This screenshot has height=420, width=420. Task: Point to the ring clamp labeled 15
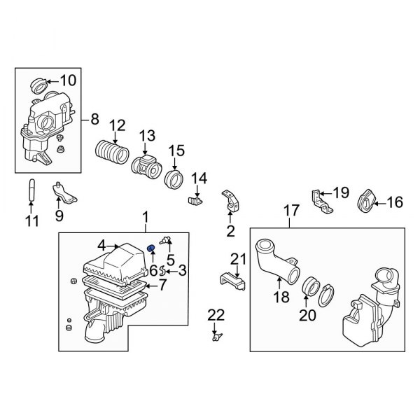point(173,179)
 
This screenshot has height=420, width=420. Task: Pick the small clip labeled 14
point(195,202)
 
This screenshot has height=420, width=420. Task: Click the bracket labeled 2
point(230,200)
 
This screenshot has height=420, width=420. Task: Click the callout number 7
point(162,285)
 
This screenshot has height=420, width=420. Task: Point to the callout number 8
point(94,120)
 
